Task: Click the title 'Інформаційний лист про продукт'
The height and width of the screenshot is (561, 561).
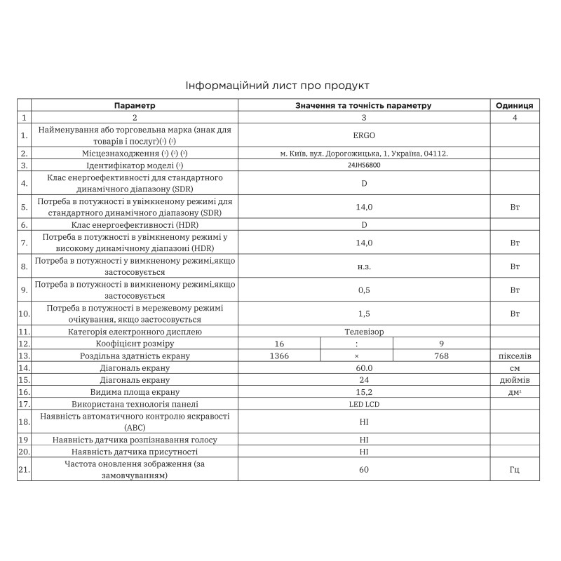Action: point(277,86)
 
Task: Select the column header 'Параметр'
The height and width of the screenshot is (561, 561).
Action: point(135,105)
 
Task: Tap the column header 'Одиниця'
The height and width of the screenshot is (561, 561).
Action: point(514,105)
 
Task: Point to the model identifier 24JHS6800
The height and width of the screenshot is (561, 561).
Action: point(364,165)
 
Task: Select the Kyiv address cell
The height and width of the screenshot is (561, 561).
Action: point(364,153)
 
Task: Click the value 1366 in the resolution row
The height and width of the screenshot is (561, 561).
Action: point(279,356)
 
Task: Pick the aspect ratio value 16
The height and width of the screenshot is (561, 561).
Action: point(279,344)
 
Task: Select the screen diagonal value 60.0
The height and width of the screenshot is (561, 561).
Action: point(364,367)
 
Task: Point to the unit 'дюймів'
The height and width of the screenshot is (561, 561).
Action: point(514,379)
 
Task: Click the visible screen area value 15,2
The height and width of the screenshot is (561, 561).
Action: point(364,391)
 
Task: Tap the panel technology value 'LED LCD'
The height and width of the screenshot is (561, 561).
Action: point(364,404)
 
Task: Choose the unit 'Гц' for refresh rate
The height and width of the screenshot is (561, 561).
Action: point(514,469)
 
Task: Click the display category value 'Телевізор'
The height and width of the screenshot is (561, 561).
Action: point(364,331)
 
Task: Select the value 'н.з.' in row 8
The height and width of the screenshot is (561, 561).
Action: point(364,266)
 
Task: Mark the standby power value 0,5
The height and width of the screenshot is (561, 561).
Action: point(364,290)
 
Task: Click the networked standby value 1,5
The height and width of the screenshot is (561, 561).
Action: point(364,313)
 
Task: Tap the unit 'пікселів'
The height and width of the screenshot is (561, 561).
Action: point(514,356)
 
